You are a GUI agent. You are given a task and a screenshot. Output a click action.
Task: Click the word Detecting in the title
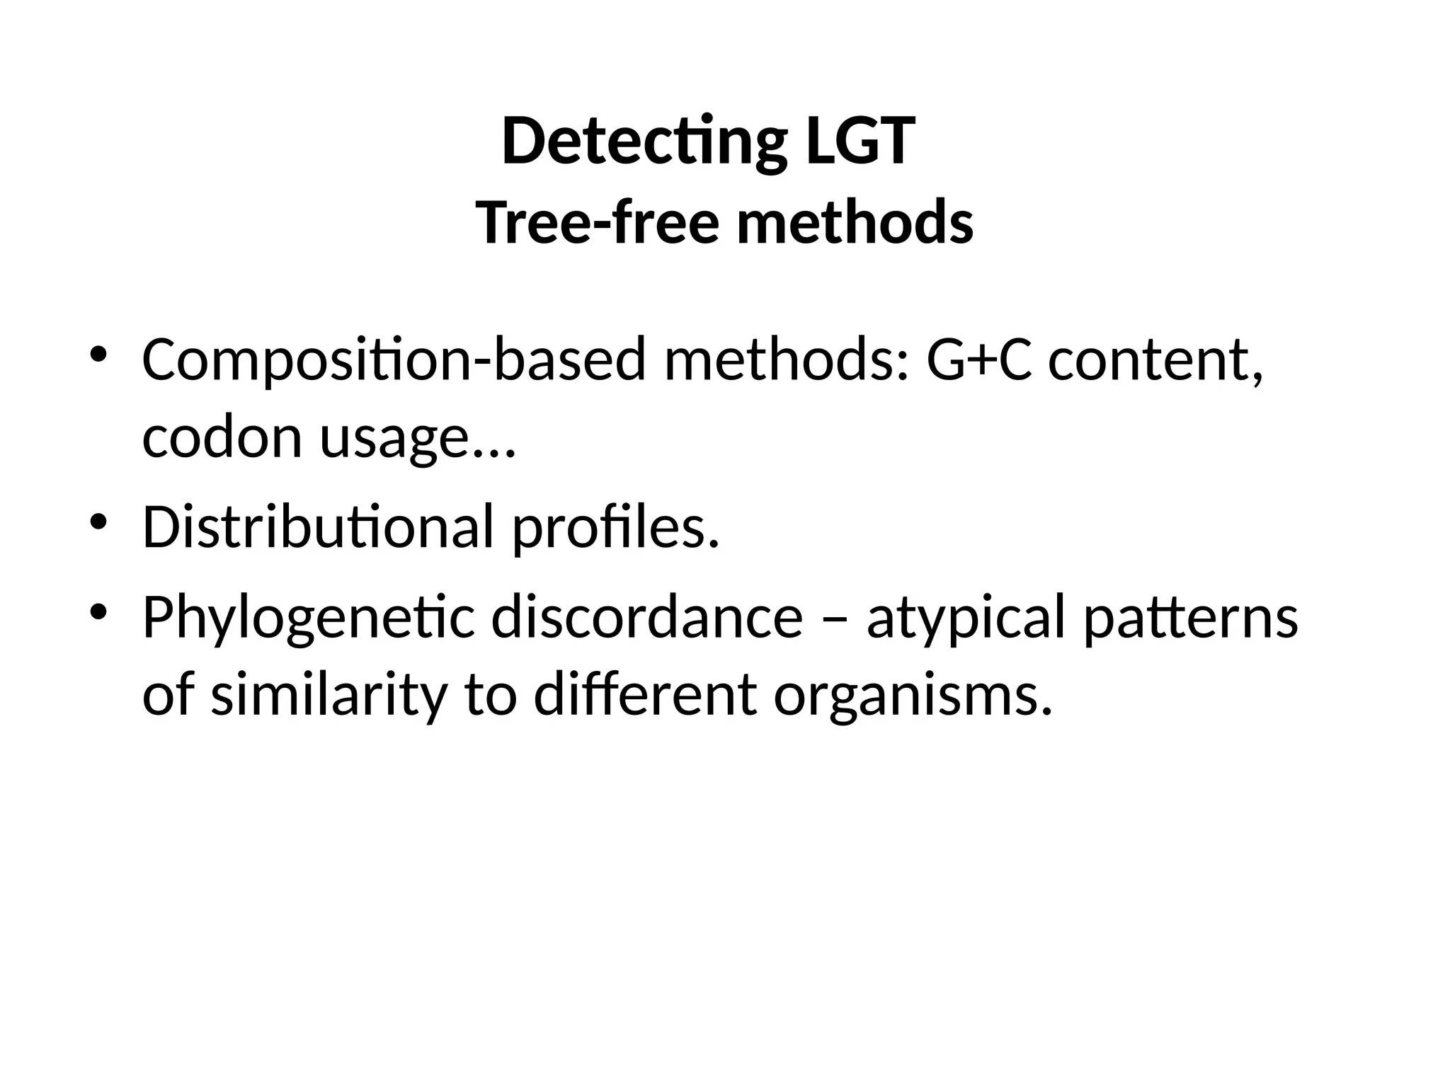click(x=643, y=142)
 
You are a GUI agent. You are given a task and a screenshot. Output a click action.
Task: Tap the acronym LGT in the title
click(x=859, y=142)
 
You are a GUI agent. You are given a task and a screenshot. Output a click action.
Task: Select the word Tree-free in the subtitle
click(x=597, y=222)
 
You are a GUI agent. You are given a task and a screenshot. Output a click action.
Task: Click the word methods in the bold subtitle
click(x=855, y=222)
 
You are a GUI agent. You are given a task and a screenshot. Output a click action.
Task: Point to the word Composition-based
click(x=394, y=361)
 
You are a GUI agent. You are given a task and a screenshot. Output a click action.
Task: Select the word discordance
click(x=646, y=616)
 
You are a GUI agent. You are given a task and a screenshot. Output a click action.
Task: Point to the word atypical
click(x=966, y=618)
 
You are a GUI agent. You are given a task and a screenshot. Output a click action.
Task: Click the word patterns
click(x=1191, y=618)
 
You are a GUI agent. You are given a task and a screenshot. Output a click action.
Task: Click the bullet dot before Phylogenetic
click(x=98, y=611)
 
